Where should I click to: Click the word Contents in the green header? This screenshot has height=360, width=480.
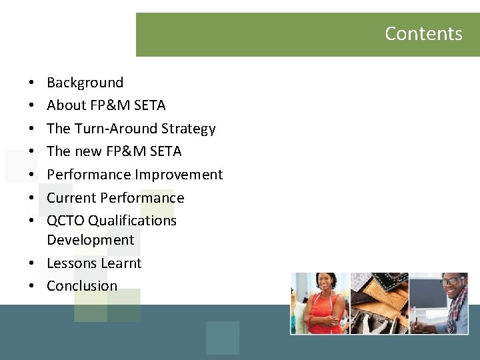coord(423,34)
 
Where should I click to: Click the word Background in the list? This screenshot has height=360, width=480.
coord(85,83)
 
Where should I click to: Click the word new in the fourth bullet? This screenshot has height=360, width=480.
coord(89,151)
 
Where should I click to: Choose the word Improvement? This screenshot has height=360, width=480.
coord(179,175)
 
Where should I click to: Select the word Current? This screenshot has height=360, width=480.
coord(71,198)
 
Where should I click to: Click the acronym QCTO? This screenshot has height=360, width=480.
coord(65,221)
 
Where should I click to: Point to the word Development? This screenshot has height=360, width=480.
coord(90,240)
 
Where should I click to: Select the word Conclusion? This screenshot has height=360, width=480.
coord(81,286)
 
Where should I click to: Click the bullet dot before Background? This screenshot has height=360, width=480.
coord(32,83)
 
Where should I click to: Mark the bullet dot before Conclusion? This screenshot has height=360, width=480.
coord(32,287)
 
